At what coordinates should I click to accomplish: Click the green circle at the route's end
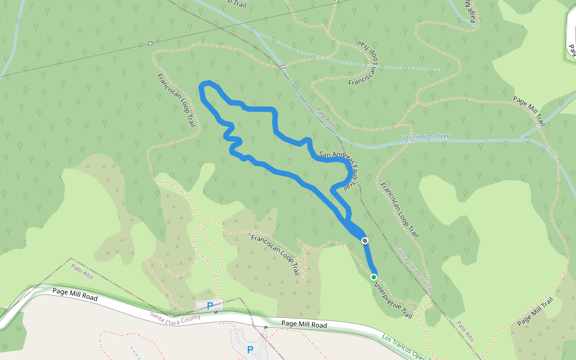(374, 277)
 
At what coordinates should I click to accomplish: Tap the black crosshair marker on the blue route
(365, 241)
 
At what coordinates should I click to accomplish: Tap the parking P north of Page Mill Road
(210, 306)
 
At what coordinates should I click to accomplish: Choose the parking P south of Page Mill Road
(250, 350)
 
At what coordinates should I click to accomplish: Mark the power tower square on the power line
(150, 43)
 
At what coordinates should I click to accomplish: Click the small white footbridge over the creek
(281, 67)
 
